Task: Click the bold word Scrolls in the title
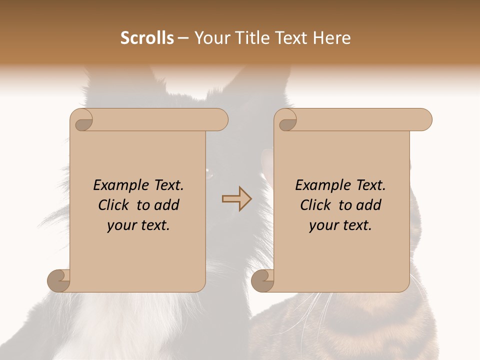tap(147, 38)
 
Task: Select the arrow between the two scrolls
tap(236, 199)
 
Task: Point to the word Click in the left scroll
tap(114, 205)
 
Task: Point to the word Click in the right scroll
tap(316, 205)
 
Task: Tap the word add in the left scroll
tap(166, 205)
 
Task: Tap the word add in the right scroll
tap(368, 205)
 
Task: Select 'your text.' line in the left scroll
tap(138, 225)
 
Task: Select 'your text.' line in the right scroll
tap(340, 225)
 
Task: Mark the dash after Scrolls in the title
tap(183, 38)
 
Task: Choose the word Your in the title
tap(211, 38)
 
